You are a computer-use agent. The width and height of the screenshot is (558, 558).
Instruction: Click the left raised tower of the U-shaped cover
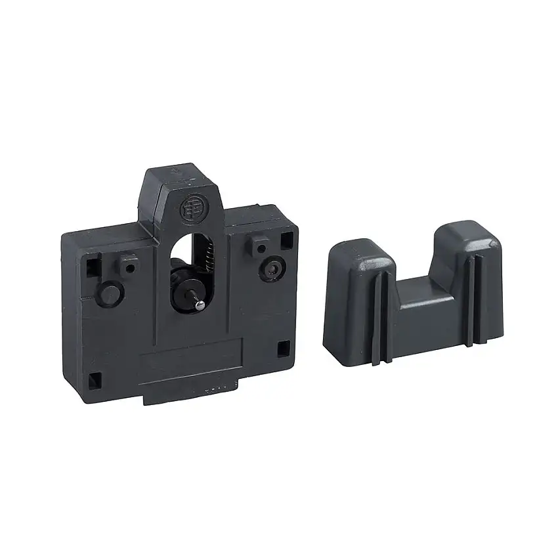click(357, 289)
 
